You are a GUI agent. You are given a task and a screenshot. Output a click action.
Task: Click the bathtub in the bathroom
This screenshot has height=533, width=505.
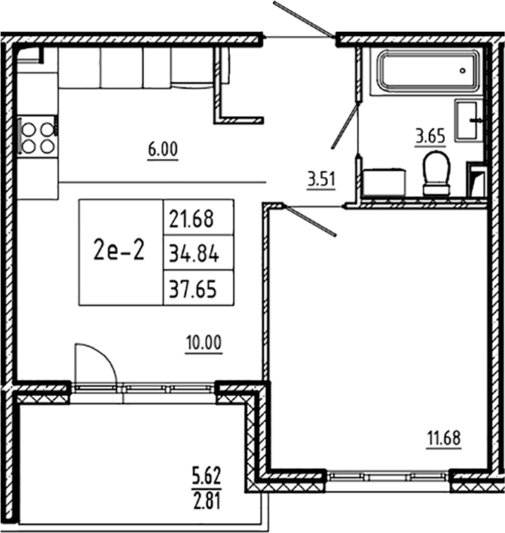(x=427, y=70)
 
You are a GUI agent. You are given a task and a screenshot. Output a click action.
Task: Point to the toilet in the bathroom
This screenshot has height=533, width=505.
(x=435, y=173)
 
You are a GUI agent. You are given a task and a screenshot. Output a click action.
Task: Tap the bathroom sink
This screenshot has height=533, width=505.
(x=473, y=119)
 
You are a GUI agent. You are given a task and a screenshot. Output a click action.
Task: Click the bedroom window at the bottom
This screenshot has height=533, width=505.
(x=389, y=476)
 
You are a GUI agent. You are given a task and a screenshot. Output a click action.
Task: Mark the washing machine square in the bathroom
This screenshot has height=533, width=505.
(x=384, y=182)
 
